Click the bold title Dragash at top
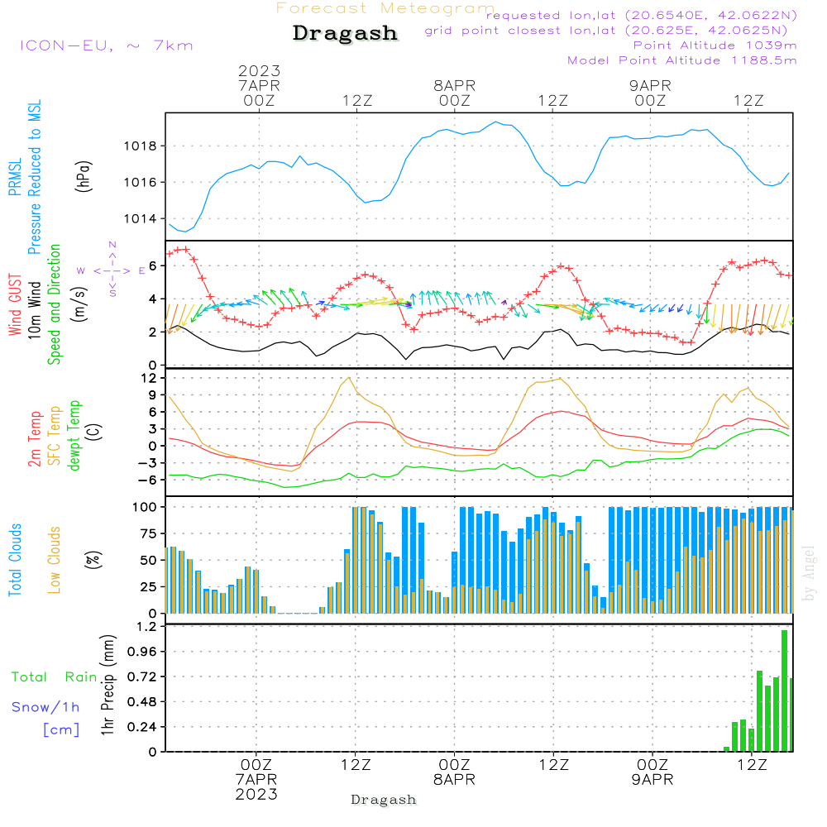pos(345,33)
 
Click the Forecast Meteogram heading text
pos(385,8)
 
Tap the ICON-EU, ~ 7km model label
pos(106,45)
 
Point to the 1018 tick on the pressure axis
pos(140,146)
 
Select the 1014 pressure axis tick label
pos(140,219)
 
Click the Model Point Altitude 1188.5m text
pos(681,60)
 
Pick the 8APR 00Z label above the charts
pos(454,93)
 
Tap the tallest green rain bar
pos(784,691)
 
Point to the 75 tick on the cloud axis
pos(146,533)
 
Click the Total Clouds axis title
pos(16,560)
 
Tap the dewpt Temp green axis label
pos(74,436)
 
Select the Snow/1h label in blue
pos(45,707)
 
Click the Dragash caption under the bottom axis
pos(383,800)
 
